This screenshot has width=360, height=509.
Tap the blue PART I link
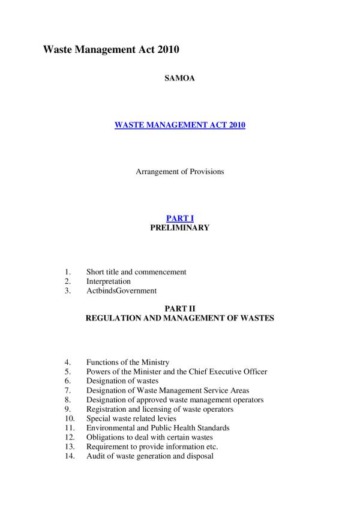(x=179, y=218)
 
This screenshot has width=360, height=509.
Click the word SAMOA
(x=179, y=79)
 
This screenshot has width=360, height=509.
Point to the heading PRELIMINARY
(x=179, y=228)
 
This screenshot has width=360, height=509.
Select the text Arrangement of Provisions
(x=179, y=172)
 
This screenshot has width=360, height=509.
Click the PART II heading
(x=179, y=309)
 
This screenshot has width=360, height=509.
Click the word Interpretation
(x=109, y=281)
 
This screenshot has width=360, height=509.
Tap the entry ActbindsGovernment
(x=121, y=291)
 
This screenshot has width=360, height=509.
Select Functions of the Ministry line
(x=128, y=363)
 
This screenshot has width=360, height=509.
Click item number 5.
(x=68, y=372)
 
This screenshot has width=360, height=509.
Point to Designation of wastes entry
(x=122, y=381)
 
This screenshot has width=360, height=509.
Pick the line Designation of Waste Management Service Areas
(x=167, y=391)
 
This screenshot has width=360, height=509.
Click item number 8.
(x=68, y=400)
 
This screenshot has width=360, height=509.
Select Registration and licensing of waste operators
(x=160, y=409)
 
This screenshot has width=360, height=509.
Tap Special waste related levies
(x=133, y=418)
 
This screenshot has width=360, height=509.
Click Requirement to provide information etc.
(x=152, y=447)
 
